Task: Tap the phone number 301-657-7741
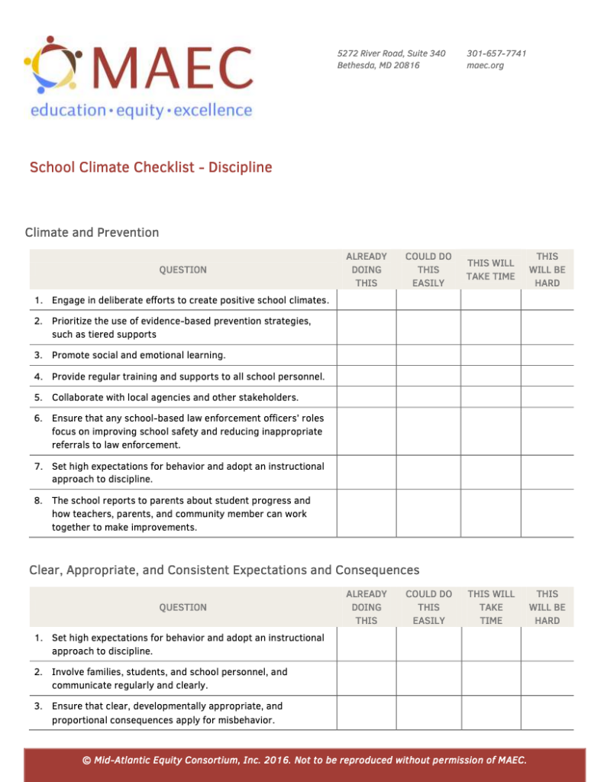pyautogui.click(x=496, y=53)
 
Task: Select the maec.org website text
pyautogui.click(x=485, y=66)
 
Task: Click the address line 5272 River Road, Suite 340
pyautogui.click(x=391, y=53)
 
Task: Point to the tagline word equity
pyautogui.click(x=140, y=110)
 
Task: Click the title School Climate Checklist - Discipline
pyautogui.click(x=150, y=167)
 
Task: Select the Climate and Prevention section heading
pyautogui.click(x=92, y=232)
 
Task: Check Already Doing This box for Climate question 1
pyautogui.click(x=366, y=300)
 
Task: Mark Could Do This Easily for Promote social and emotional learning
pyautogui.click(x=428, y=355)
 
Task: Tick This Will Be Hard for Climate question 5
pyautogui.click(x=547, y=397)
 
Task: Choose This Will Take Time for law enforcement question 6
pyautogui.click(x=490, y=431)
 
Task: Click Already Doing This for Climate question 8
pyautogui.click(x=366, y=513)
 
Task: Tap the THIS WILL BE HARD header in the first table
pyautogui.click(x=547, y=270)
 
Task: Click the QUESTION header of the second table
pyautogui.click(x=182, y=607)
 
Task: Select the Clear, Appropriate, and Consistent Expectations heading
pyautogui.click(x=224, y=570)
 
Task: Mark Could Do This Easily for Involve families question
pyautogui.click(x=428, y=678)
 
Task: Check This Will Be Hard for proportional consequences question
pyautogui.click(x=547, y=713)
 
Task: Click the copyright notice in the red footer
pyautogui.click(x=304, y=760)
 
